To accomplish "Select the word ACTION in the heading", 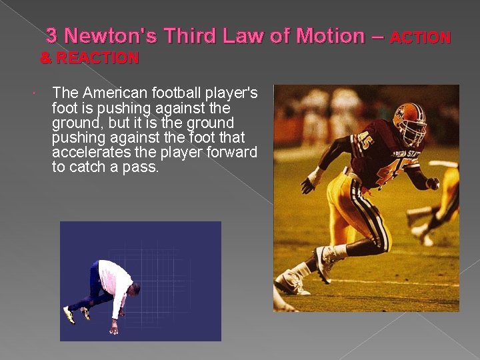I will tap(420, 38).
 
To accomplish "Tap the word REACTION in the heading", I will tap(97, 59).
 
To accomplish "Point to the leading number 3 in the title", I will tap(51, 36).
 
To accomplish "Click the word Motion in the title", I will tap(329, 36).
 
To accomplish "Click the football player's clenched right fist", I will tap(433, 183).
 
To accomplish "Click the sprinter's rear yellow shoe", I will tap(69, 314).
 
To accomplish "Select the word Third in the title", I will tap(193, 36).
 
